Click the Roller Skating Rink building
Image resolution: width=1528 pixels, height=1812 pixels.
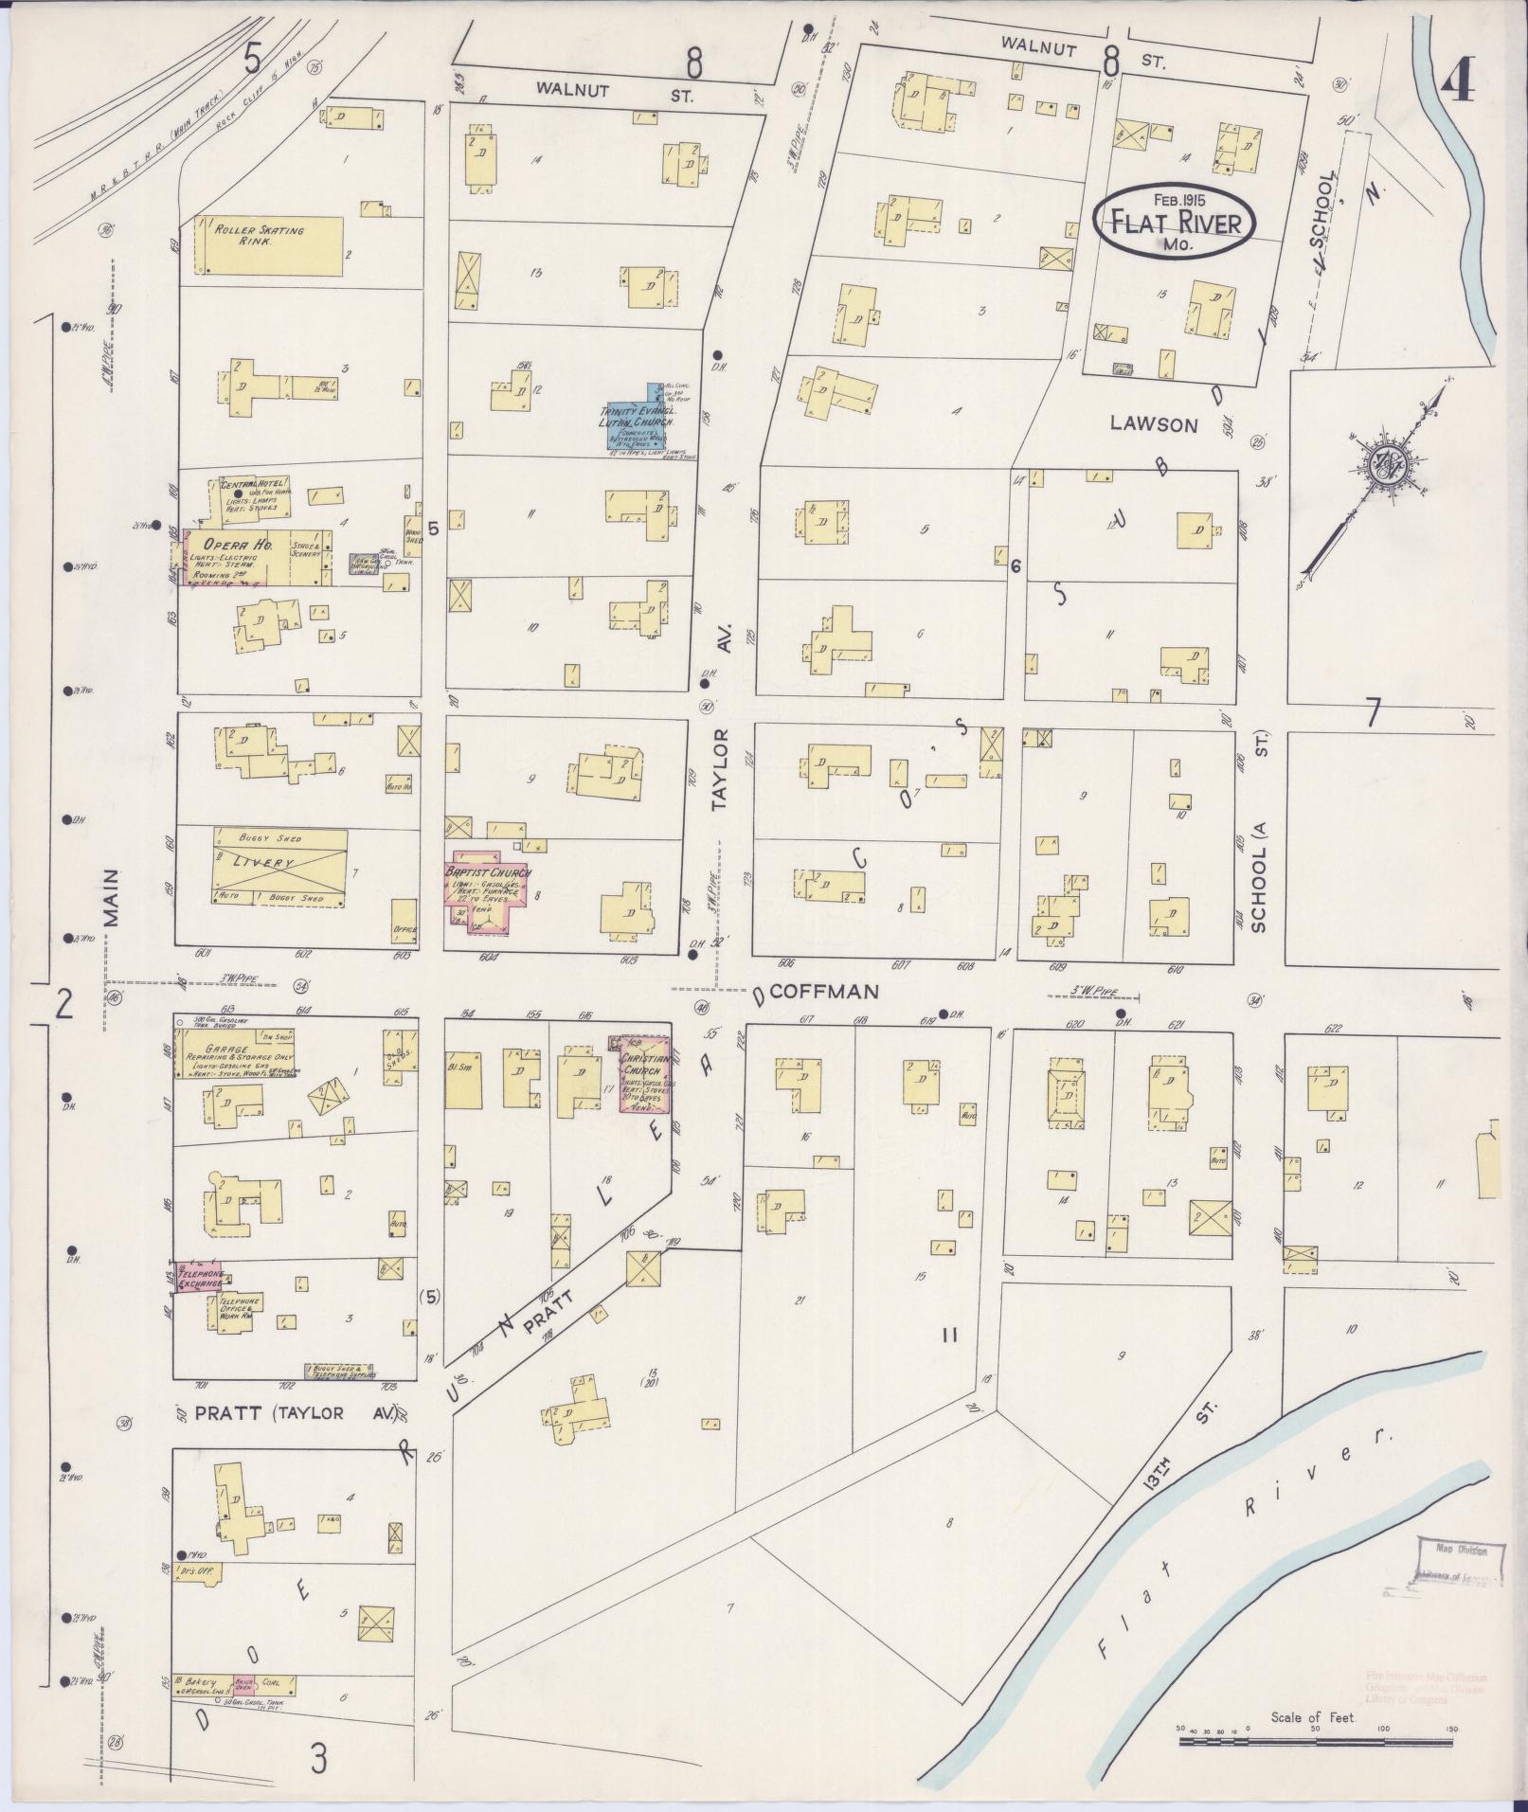pos(269,246)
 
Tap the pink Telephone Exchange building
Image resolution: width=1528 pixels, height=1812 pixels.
pos(197,1278)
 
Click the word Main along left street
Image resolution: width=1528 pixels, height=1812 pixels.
pos(114,896)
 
